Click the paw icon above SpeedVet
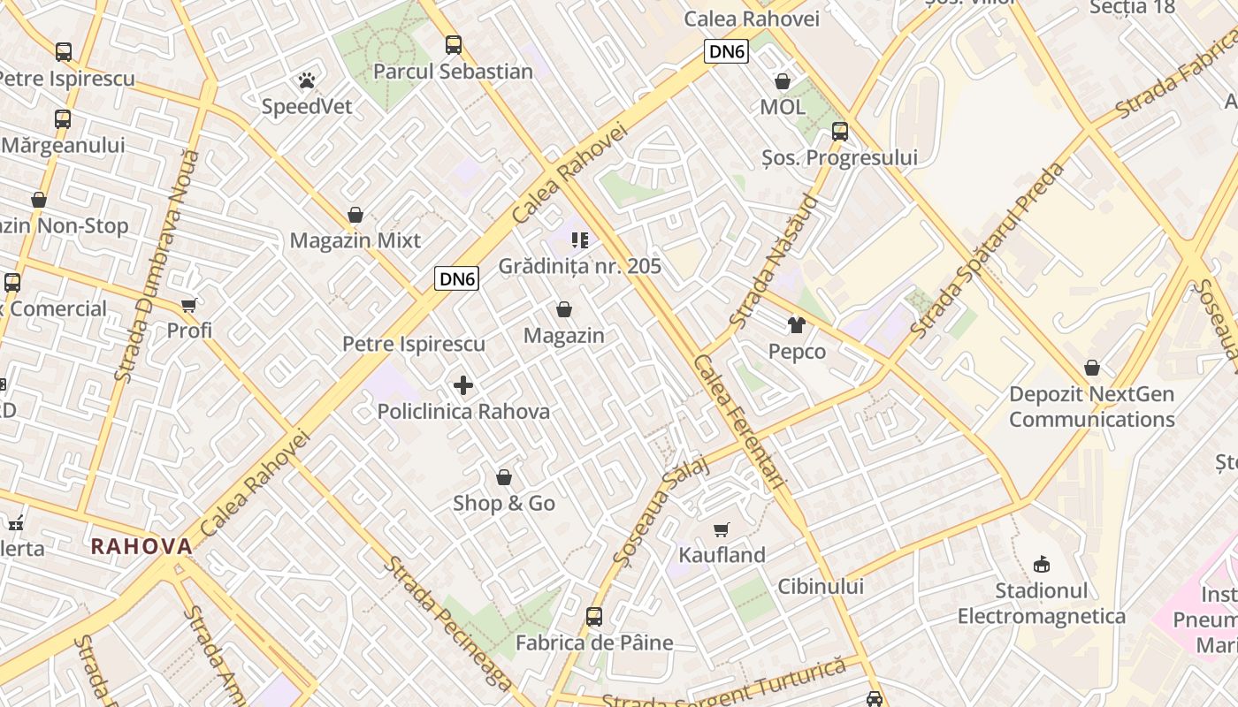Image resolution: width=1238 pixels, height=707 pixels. point(307,81)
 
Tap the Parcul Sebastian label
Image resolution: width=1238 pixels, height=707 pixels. point(453,72)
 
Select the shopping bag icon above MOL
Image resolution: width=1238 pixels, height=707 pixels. point(783,82)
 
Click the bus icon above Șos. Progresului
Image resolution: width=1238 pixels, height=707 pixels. point(839,132)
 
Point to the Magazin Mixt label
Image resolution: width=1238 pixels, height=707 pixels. point(355,240)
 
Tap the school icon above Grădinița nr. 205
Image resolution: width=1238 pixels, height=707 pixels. point(580,240)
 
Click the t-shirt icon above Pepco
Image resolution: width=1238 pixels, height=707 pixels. point(797,325)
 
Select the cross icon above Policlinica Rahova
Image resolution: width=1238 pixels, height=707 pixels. point(463,385)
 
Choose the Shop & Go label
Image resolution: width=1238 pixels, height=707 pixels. point(504,503)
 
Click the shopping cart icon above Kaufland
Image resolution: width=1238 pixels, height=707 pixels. point(722,529)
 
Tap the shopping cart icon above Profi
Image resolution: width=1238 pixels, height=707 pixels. point(189,306)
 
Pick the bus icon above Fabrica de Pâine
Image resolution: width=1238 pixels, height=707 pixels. point(594,616)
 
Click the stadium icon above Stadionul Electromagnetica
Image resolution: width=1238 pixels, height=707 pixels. point(1042,564)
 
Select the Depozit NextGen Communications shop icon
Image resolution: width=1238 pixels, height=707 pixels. point(1092,368)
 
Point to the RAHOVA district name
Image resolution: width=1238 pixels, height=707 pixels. point(141,546)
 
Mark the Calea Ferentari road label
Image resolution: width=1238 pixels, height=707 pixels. point(740,422)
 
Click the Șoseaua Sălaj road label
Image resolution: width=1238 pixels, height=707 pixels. point(661,511)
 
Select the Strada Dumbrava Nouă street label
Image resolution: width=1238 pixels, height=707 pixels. point(157,265)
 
